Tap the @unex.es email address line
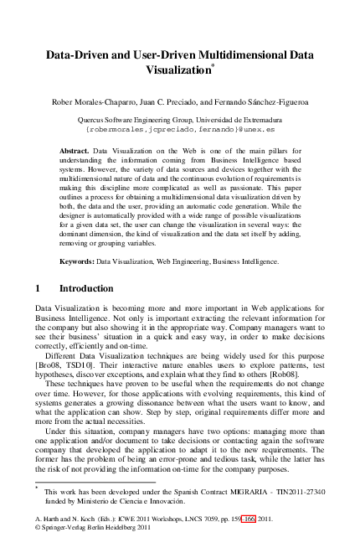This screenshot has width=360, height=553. click(x=180, y=131)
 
